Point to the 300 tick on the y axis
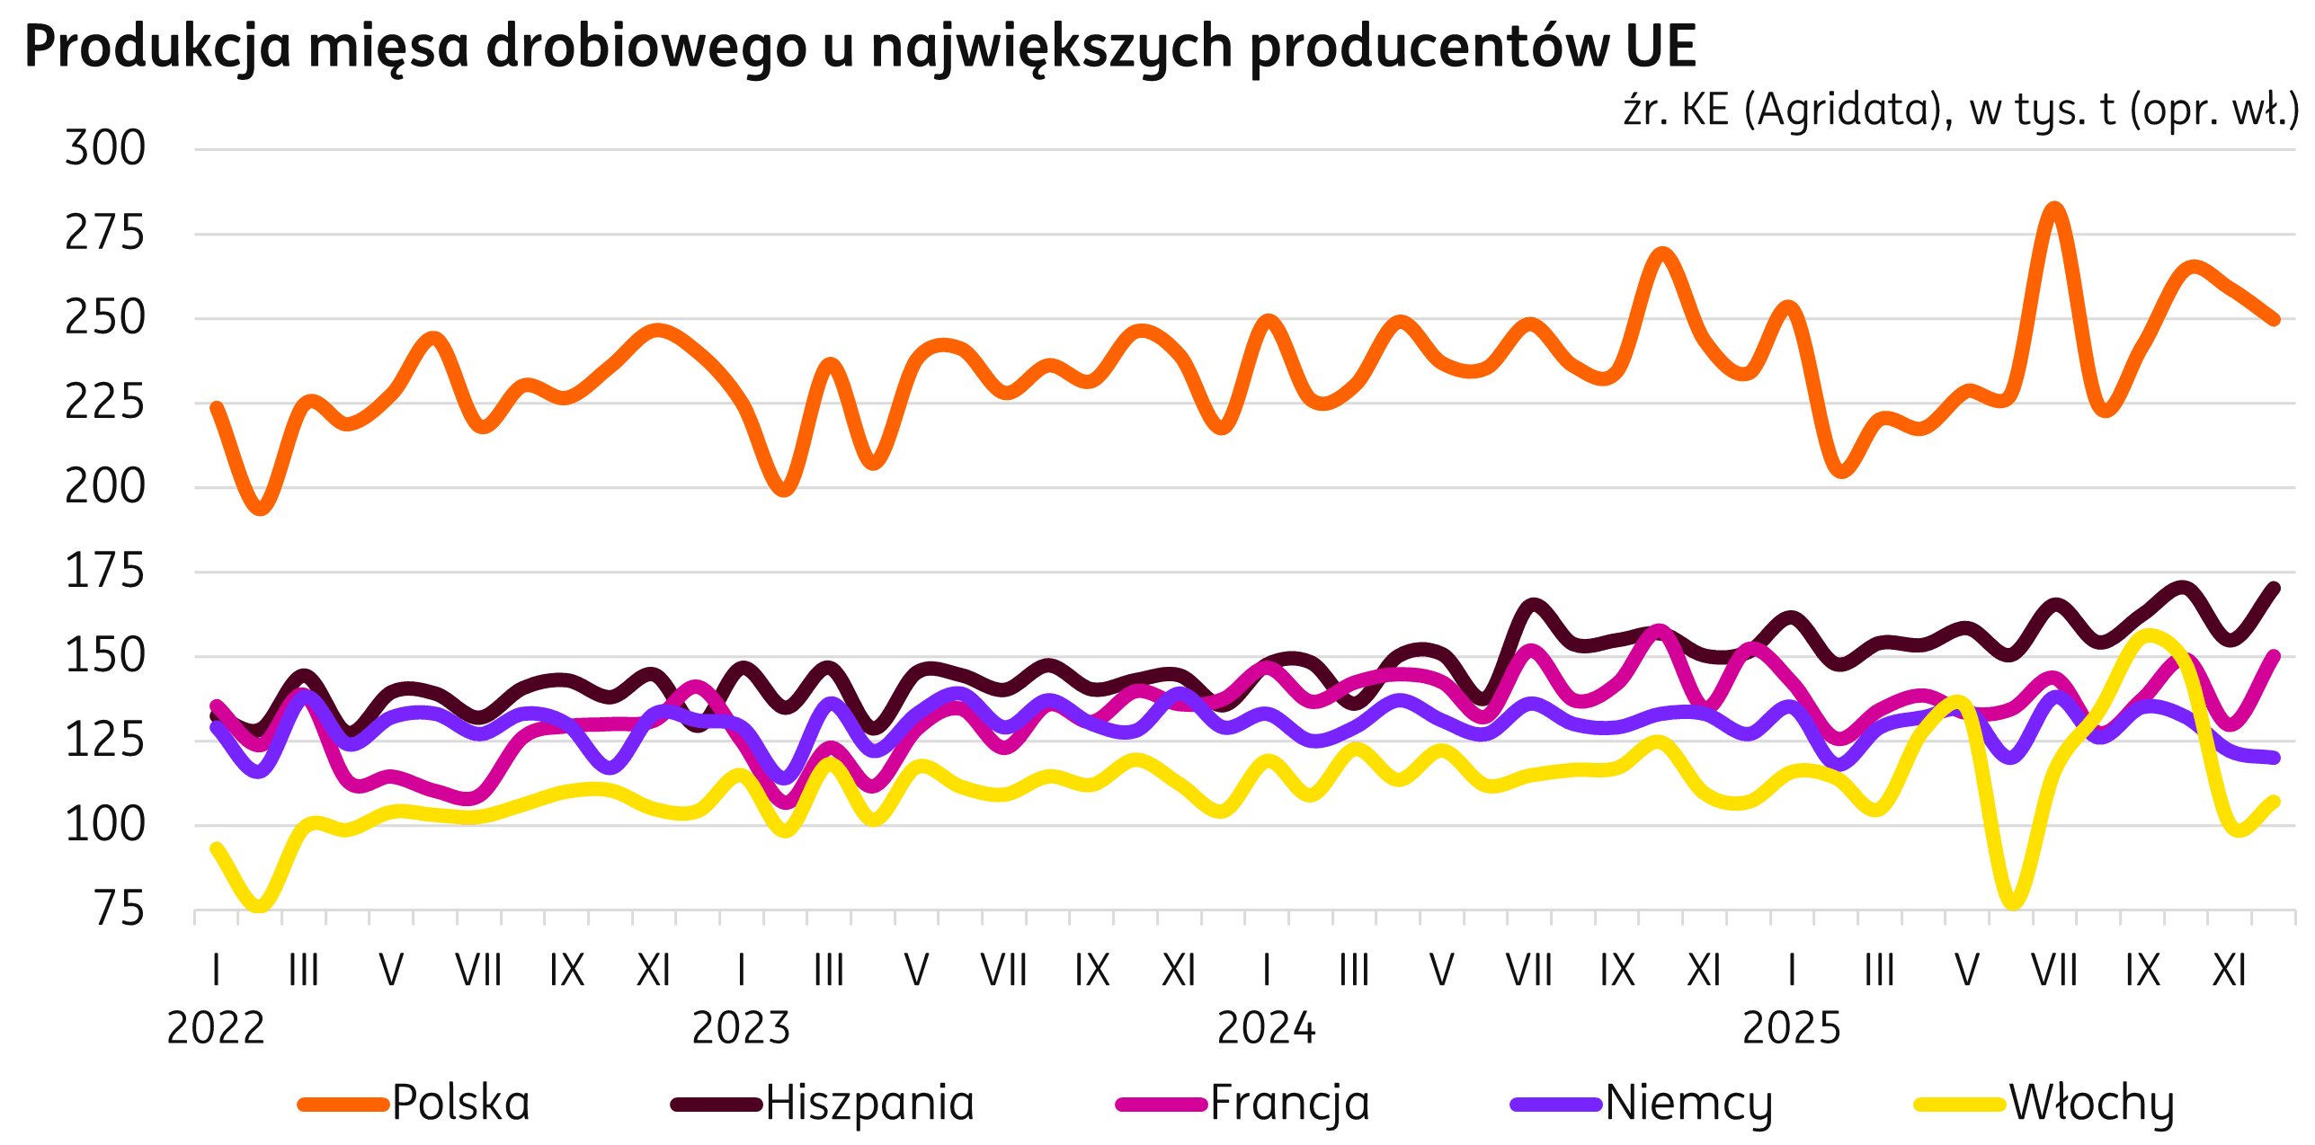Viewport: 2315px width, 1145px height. pos(104,149)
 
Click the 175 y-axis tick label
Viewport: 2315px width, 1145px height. pos(104,572)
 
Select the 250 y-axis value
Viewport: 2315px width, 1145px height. pos(104,319)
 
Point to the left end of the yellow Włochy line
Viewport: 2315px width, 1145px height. pos(216,848)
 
